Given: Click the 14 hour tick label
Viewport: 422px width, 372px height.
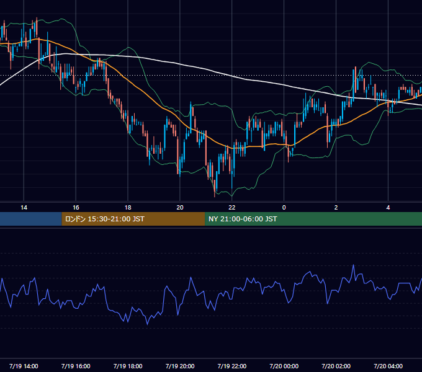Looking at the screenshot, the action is point(24,208).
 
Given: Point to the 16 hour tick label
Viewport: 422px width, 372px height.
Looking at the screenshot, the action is point(76,208).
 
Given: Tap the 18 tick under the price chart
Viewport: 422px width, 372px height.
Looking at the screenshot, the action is point(128,208).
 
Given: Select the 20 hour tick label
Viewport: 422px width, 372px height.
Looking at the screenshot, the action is point(180,208).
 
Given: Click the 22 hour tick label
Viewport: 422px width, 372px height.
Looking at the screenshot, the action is point(231,208).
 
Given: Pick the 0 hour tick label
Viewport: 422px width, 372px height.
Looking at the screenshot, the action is point(284,208).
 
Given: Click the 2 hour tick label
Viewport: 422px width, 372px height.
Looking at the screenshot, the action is point(336,208).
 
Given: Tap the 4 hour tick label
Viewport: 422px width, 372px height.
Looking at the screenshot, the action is point(388,208).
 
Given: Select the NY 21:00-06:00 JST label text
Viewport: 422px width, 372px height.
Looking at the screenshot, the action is point(243,219).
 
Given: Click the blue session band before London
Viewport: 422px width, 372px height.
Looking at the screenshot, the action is point(31,219).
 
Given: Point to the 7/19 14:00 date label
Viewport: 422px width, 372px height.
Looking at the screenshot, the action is point(24,366).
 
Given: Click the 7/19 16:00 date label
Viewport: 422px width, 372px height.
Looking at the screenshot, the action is point(76,366).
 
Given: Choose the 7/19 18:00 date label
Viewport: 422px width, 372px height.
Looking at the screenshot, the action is point(128,366).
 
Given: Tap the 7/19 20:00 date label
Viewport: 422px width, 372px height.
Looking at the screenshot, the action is point(180,366).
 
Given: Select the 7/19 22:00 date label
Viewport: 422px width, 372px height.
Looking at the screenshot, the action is point(231,366).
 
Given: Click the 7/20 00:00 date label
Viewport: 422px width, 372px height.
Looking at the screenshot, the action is point(284,366).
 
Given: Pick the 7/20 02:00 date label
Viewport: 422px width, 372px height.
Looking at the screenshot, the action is point(336,366).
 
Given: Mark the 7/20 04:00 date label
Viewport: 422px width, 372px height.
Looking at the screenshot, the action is point(388,366).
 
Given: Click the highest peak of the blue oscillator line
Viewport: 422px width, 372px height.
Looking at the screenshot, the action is point(353,265).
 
